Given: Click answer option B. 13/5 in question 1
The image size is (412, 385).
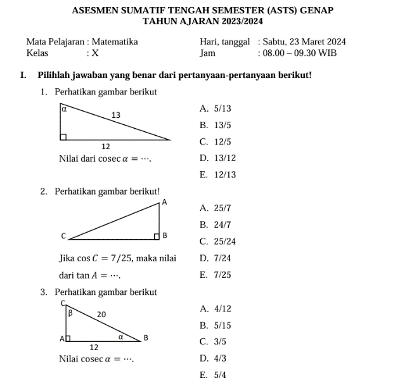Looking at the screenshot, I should pos(215,126).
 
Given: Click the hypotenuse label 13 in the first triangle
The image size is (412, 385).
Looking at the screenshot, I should pos(116,115).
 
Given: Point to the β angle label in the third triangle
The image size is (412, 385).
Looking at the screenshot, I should pos(70,313).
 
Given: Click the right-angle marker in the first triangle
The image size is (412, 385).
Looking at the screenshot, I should pos(63,136).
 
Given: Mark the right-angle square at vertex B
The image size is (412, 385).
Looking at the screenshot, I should pos(157,237).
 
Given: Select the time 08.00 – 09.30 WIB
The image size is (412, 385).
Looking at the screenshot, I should pos(302,53).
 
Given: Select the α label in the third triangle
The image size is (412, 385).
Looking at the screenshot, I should pos(119,338).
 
